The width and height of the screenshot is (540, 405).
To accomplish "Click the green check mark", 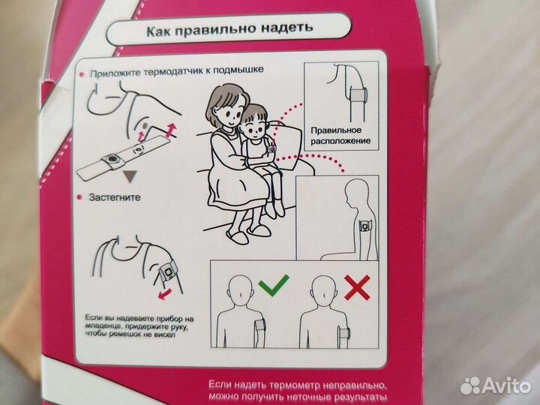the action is tap(274, 286).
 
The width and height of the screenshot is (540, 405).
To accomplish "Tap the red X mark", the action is tap(358, 287).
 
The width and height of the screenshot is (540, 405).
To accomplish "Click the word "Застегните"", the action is tap(115, 197).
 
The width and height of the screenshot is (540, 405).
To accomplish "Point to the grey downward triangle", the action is tap(130, 176).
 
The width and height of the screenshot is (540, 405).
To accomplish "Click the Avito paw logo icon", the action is tap(470, 385).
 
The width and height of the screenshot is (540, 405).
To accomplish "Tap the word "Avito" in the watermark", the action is tap(506, 385).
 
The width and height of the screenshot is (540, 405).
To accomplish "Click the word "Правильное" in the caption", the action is tap(336, 130).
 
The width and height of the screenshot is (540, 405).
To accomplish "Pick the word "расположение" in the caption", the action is tap(340, 141).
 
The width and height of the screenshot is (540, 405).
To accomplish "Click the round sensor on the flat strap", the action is tap(111, 160).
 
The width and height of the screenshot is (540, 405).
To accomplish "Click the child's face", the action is tap(254, 127).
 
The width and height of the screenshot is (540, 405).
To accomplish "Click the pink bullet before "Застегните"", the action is tap(80, 197).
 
